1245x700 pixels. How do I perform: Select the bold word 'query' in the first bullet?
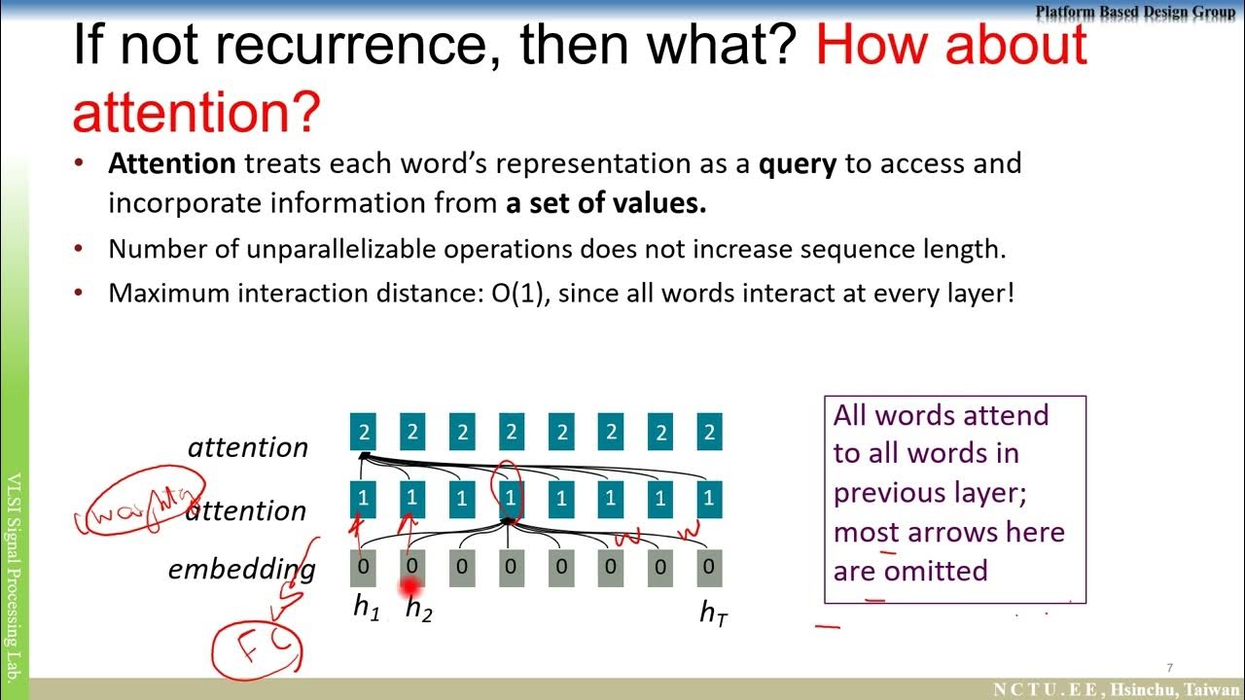coord(797,163)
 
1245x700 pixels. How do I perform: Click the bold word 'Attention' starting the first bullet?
coord(171,163)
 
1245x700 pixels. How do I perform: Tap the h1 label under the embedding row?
coord(366,609)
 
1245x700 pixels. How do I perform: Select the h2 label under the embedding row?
coord(417,610)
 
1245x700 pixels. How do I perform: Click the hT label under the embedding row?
coord(713,612)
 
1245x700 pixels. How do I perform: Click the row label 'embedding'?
coord(241,569)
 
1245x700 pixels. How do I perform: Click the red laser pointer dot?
coord(410,587)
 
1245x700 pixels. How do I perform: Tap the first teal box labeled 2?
coord(364,433)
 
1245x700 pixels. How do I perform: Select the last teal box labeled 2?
coord(710,433)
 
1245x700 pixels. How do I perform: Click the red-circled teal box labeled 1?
coord(511,499)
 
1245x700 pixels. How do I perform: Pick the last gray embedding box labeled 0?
coord(709,568)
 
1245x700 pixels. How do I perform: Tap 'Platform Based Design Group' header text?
coord(1134,13)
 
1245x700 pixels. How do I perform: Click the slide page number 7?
coord(1170,668)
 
